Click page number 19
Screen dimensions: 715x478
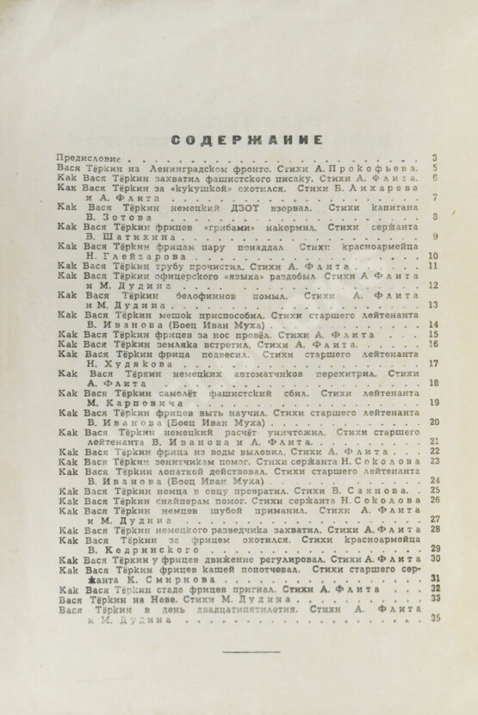coord(434,402)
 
